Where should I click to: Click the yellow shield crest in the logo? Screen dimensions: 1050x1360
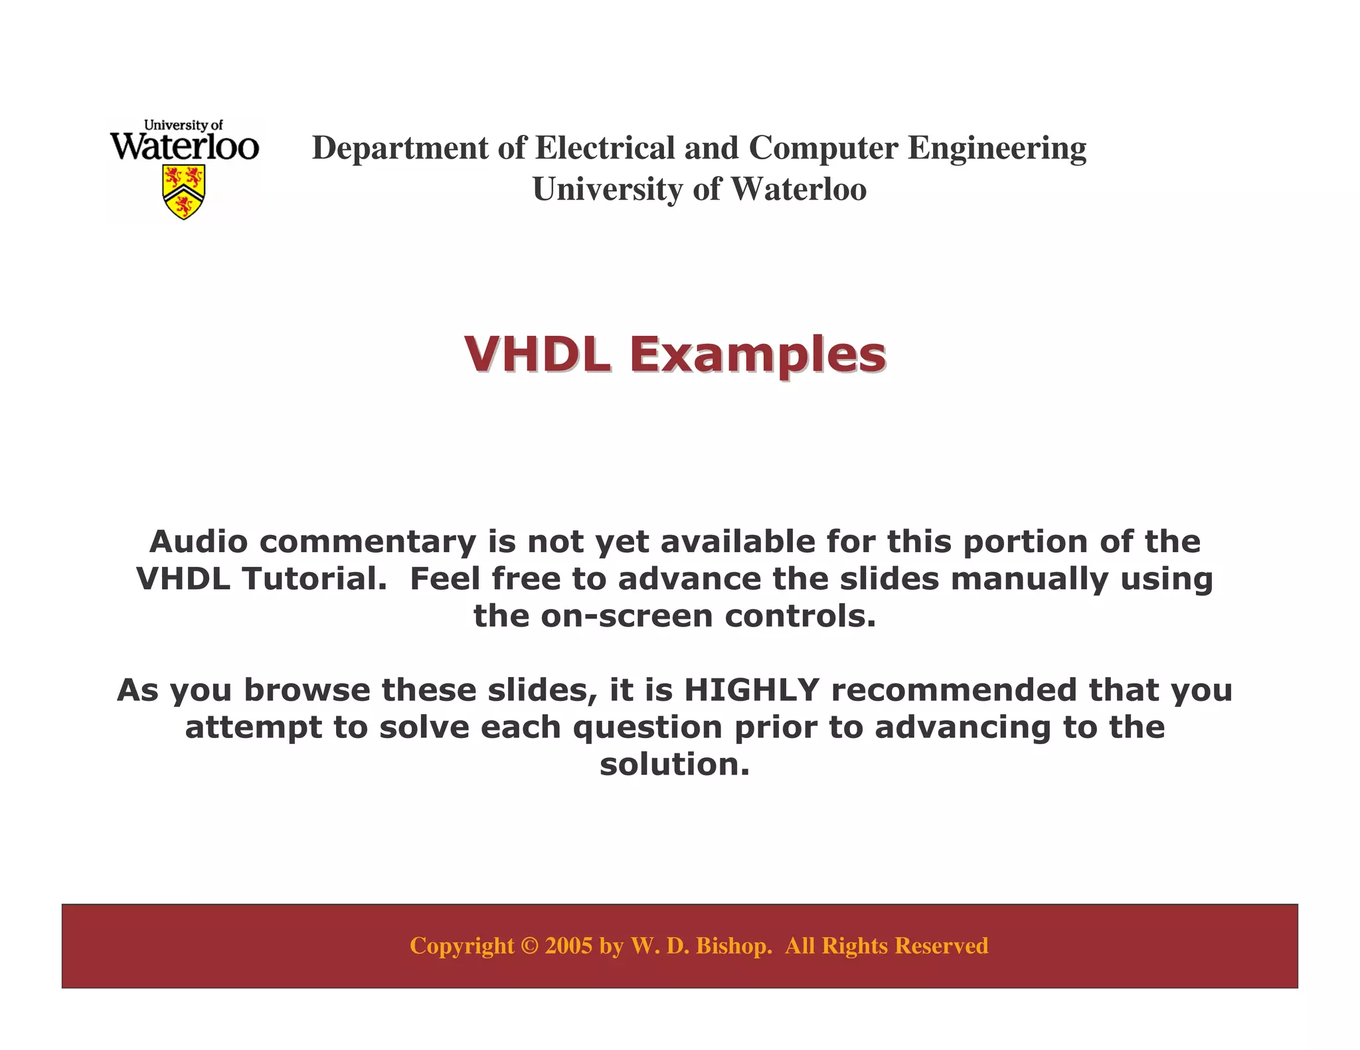pos(184,191)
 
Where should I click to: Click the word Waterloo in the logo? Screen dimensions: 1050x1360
pos(184,146)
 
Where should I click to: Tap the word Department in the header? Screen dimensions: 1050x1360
pos(400,149)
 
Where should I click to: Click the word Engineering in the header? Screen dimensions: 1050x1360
pos(997,149)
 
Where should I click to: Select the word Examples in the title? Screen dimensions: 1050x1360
pos(757,356)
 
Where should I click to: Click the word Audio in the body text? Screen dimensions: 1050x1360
pos(199,542)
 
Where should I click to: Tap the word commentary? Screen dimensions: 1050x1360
pos(368,543)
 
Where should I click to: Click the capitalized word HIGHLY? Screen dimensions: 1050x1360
pos(752,690)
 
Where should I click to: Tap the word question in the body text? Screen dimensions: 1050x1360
pos(647,728)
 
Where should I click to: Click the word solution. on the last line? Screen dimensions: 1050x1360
pos(675,765)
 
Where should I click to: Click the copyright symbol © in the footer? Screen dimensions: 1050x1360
pos(529,946)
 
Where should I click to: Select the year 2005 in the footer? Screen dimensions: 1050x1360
pos(568,946)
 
